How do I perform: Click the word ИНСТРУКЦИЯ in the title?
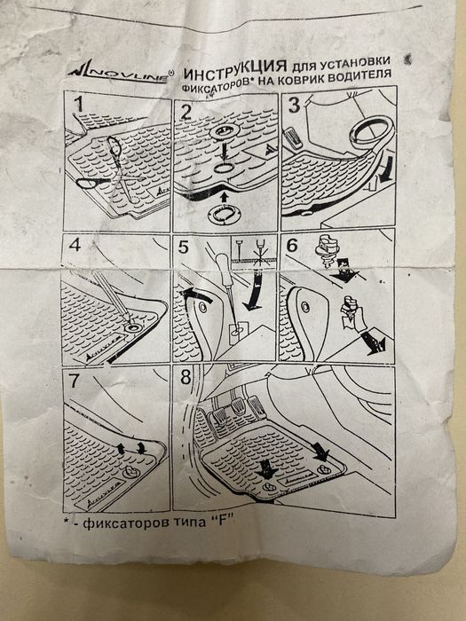point(237,70)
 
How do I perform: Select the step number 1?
point(78,104)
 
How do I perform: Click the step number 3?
point(295,106)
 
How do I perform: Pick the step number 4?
point(75,245)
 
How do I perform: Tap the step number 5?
point(184,248)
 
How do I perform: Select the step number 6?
point(292,246)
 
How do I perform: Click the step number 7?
point(75,381)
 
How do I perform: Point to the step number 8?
point(186,377)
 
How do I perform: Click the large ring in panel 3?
point(371,133)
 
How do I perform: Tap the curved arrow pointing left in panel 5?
point(195,295)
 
